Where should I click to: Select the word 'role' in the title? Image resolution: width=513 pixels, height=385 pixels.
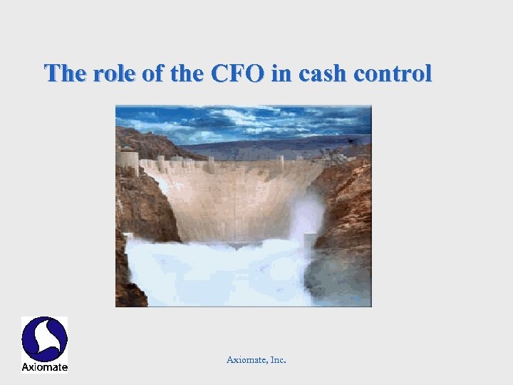pyautogui.click(x=114, y=73)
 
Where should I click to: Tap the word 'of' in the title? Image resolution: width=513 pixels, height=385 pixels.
pyautogui.click(x=152, y=73)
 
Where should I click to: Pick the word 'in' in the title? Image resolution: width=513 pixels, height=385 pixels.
pyautogui.click(x=280, y=73)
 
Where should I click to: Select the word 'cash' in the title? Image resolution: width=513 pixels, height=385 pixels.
pyautogui.click(x=318, y=73)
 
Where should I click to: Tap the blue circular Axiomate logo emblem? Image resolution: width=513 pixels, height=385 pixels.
pyautogui.click(x=44, y=339)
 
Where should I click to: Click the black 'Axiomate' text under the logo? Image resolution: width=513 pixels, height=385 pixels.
pyautogui.click(x=44, y=367)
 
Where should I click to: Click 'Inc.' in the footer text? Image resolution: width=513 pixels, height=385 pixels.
pyautogui.click(x=277, y=360)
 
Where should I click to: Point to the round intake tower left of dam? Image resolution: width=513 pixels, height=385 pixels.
pyautogui.click(x=128, y=160)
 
